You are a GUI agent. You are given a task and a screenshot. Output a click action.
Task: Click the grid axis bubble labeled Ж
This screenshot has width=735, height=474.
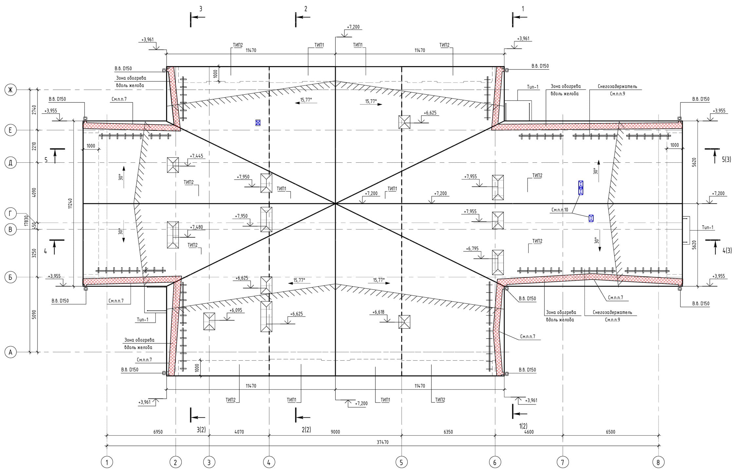tap(10, 90)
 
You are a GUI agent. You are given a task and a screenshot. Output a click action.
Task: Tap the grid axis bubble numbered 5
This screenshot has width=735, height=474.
tap(401, 462)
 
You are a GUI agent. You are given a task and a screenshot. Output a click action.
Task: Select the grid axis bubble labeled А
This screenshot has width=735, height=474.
tap(10, 352)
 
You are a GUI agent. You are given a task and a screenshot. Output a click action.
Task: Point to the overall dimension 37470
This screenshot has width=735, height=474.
tap(382, 442)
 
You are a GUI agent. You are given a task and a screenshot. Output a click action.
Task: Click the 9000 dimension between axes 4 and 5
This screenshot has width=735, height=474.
tap(335, 432)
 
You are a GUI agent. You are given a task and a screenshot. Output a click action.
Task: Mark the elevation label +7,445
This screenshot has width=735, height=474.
tap(197, 156)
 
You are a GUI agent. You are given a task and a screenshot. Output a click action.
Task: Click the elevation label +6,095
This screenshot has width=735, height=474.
tap(236, 310)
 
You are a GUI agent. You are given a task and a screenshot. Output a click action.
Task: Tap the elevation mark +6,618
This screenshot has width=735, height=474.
tap(378, 312)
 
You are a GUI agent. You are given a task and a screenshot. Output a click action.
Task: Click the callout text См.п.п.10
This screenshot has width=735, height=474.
tap(560, 210)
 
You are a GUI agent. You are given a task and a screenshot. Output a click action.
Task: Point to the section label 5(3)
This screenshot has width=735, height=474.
tap(726, 159)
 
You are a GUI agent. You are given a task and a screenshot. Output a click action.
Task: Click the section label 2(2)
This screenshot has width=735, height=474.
tap(306, 429)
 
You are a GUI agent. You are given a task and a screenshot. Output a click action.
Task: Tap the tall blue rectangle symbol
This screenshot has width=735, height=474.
tap(580, 188)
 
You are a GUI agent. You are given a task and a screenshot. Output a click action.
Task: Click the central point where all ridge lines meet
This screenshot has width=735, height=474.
tap(335, 204)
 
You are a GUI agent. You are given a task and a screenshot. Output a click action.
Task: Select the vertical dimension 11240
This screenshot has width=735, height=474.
tap(70, 204)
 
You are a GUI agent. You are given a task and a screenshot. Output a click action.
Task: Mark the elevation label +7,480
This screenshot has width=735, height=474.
tap(197, 227)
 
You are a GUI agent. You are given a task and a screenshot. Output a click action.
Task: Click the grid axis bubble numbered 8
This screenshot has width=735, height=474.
tap(658, 462)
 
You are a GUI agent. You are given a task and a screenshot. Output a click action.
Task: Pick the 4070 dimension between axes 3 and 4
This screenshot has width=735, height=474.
tap(239, 432)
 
